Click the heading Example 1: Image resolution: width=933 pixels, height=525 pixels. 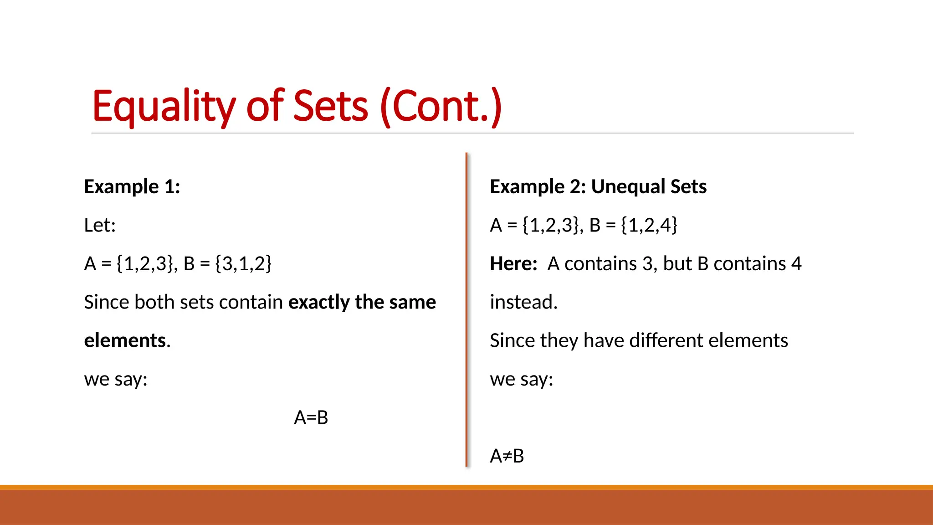132,187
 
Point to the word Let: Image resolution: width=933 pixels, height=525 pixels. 100,225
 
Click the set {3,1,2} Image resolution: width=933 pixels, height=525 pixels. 243,264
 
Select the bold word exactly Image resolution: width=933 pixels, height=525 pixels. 318,302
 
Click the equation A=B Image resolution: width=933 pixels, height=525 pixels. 311,417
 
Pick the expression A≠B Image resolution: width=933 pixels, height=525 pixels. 507,456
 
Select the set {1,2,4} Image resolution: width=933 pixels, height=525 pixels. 649,225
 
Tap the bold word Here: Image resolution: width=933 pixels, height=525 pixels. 513,264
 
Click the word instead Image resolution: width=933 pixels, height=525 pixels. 523,302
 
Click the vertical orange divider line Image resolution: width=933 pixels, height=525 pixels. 466,310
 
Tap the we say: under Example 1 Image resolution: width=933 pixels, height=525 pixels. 116,379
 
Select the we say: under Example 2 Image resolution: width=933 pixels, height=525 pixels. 521,379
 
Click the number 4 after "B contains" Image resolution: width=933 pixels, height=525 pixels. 796,264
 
